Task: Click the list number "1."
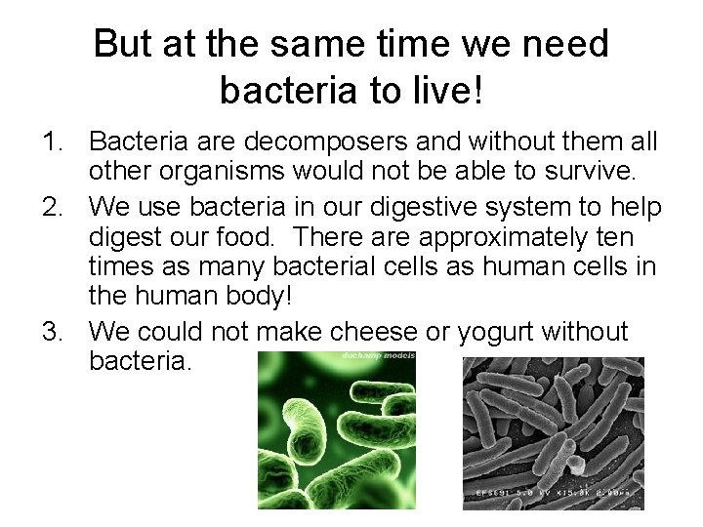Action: pyautogui.click(x=54, y=143)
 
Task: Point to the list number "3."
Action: pyautogui.click(x=54, y=331)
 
